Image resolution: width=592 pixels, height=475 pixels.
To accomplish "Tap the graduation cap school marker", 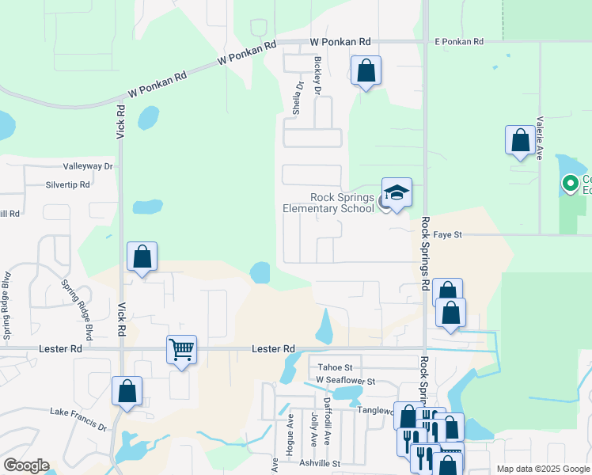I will [x=397, y=192].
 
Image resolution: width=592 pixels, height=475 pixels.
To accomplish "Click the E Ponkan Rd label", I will [x=459, y=41].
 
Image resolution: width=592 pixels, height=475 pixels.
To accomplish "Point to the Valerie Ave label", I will [x=539, y=139].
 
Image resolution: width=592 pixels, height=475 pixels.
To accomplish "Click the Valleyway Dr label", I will [x=89, y=167].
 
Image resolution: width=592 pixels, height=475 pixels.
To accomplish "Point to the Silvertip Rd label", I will [x=68, y=184].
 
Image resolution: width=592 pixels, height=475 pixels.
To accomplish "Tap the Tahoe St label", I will [x=335, y=367].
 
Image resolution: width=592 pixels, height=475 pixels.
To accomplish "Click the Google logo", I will [x=26, y=465].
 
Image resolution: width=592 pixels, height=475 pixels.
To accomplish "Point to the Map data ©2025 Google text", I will [x=543, y=469].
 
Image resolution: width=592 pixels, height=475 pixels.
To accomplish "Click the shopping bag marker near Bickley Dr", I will [x=366, y=71].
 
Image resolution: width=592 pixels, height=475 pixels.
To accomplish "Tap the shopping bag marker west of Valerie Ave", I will [x=520, y=141].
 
